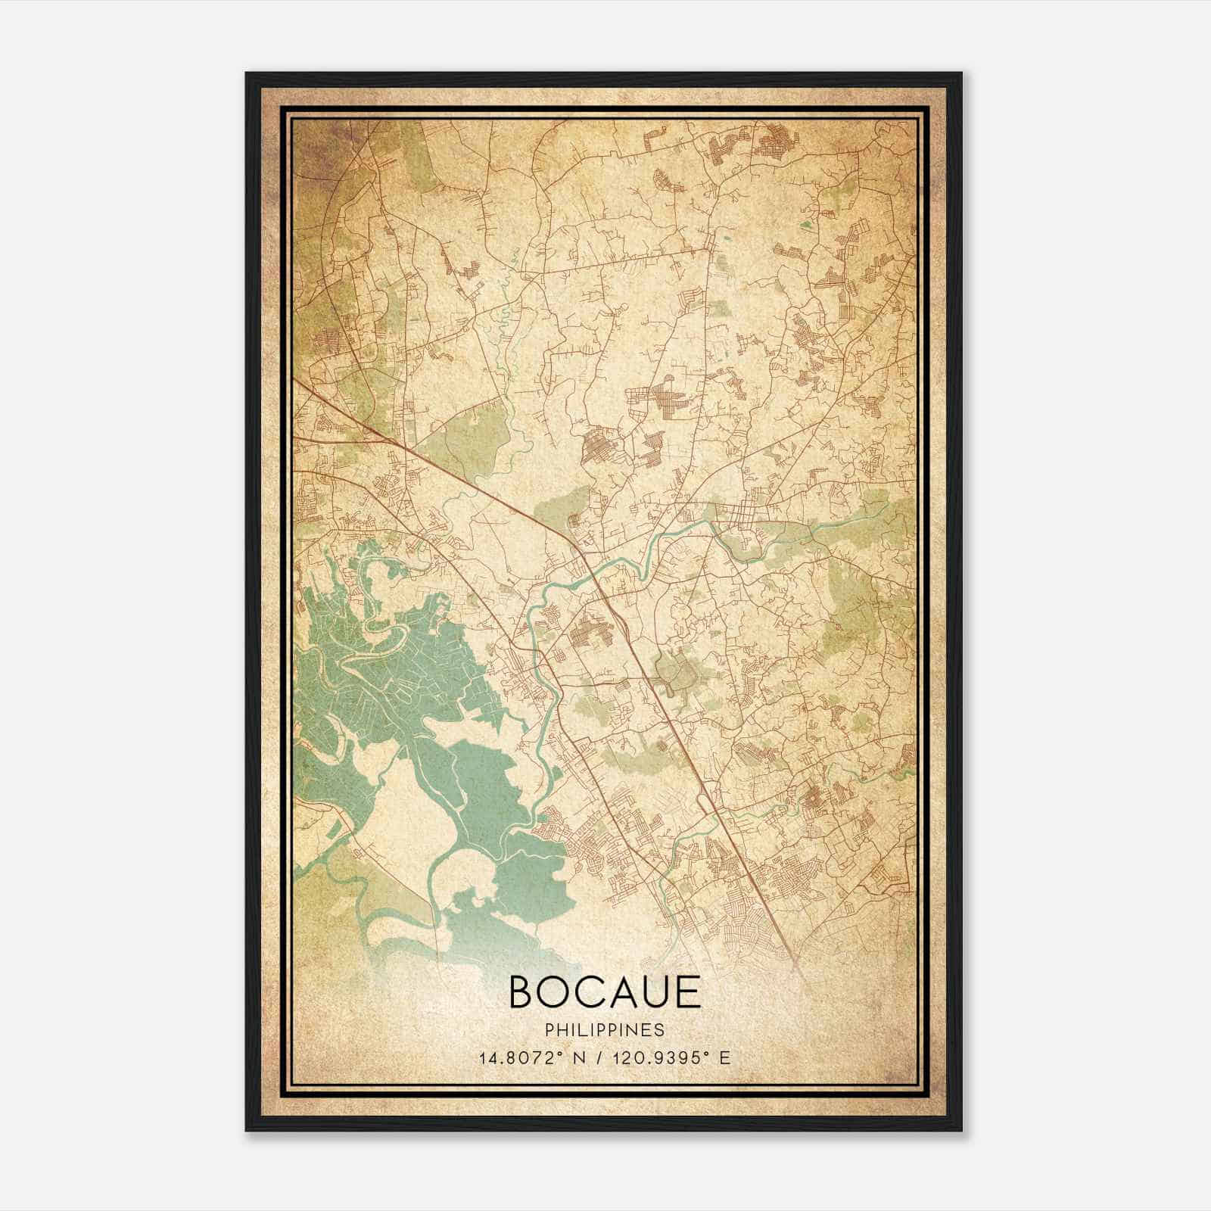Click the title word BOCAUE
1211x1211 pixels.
(605, 992)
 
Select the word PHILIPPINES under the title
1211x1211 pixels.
(605, 1030)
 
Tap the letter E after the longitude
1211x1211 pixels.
(725, 1058)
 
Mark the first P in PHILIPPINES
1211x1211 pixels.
(548, 1030)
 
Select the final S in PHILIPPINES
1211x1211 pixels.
(661, 1030)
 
